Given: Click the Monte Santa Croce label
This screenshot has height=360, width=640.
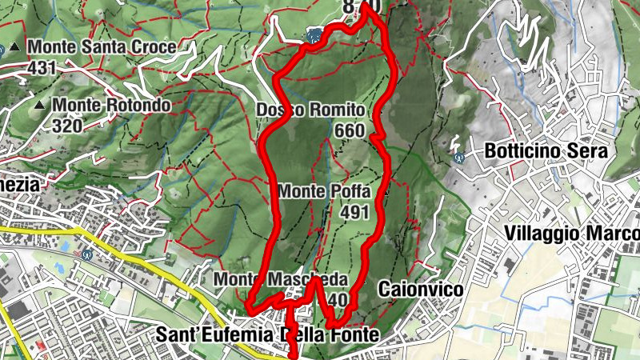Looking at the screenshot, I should (102, 48).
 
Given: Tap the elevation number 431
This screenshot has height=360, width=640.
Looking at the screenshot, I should (42, 68).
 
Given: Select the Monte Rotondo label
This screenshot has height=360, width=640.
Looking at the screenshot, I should (111, 105).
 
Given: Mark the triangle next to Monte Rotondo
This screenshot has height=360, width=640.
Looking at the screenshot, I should (39, 104).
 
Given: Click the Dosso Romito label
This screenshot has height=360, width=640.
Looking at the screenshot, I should (311, 110).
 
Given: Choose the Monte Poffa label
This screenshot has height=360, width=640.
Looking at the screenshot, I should (324, 192).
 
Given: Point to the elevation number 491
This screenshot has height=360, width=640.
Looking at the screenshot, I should (353, 212).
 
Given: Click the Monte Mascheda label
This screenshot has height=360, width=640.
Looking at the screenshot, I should (281, 280).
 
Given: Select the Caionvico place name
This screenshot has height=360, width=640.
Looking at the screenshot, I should (421, 289).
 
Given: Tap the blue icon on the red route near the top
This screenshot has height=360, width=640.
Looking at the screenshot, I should (314, 36).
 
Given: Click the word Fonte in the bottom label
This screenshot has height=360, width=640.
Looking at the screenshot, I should (352, 335).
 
